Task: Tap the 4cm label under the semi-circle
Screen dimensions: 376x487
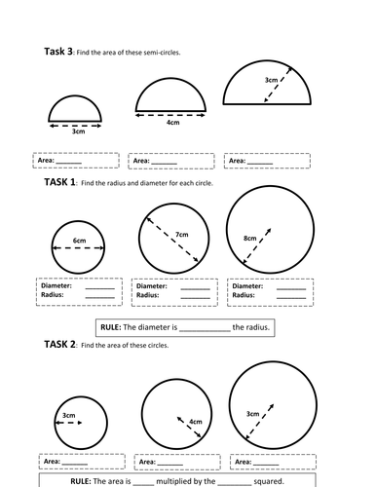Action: [172, 123]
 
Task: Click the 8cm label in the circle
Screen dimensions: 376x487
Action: [249, 238]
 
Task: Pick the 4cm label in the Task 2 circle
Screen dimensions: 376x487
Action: [195, 422]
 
